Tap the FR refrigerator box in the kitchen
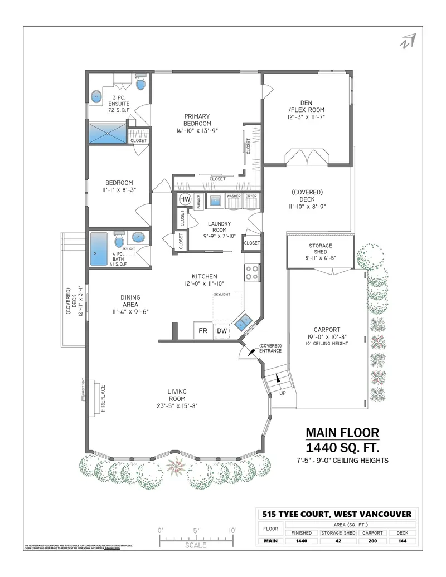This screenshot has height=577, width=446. pos(202,330)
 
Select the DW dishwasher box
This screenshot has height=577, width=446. pos(222,330)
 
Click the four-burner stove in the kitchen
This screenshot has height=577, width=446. pos(251,273)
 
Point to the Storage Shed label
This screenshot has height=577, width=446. pos(321,246)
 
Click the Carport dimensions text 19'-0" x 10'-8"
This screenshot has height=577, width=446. pos(327,336)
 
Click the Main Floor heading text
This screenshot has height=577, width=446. pos(342,433)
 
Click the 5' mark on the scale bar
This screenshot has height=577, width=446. pos(196,530)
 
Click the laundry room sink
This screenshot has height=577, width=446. pos(215,201)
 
